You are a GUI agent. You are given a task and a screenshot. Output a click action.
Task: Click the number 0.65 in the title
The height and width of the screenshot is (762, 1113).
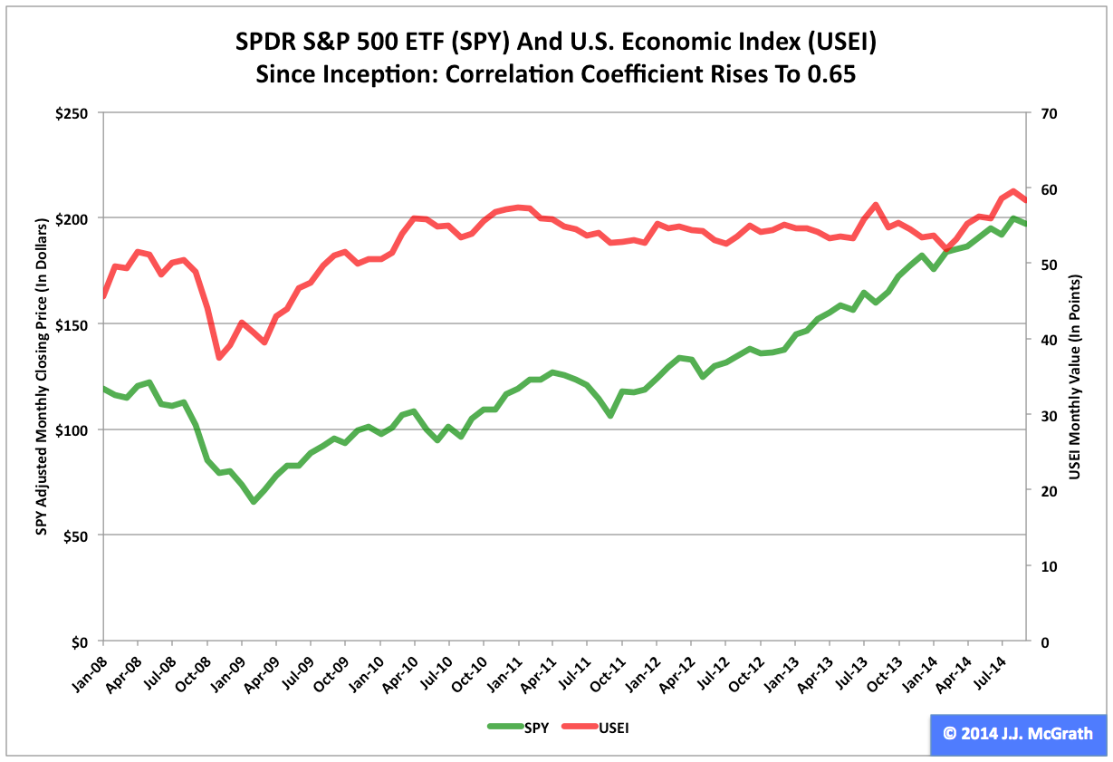[x=829, y=74]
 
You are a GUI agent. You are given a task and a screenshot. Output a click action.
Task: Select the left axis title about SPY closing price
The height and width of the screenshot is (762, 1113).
[x=41, y=377]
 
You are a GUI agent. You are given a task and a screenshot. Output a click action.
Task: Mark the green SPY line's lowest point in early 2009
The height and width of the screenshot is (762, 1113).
[x=254, y=501]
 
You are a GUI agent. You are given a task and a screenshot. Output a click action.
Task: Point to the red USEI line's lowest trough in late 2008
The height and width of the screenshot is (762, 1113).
[x=219, y=357]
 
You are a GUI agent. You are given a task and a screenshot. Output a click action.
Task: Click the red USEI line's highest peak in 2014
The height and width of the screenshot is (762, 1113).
[x=1012, y=191]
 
